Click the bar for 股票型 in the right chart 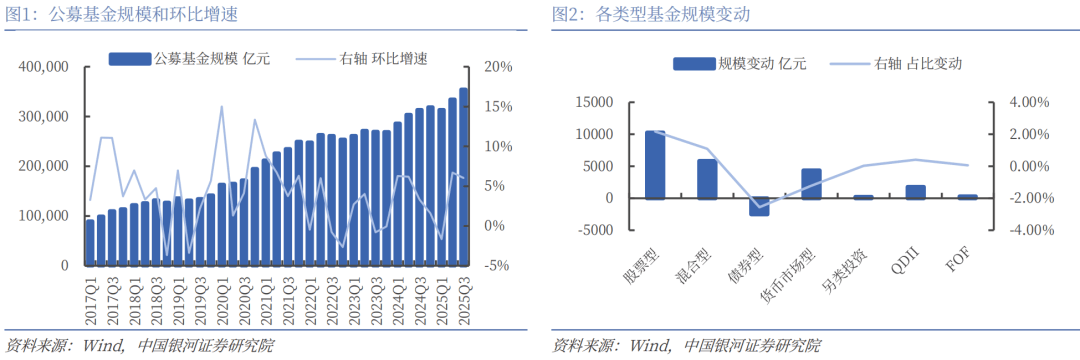tap(655, 164)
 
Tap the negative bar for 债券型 tap(759, 207)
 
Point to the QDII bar tap(915, 192)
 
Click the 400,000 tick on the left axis tap(43, 67)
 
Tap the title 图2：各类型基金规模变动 tap(651, 15)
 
